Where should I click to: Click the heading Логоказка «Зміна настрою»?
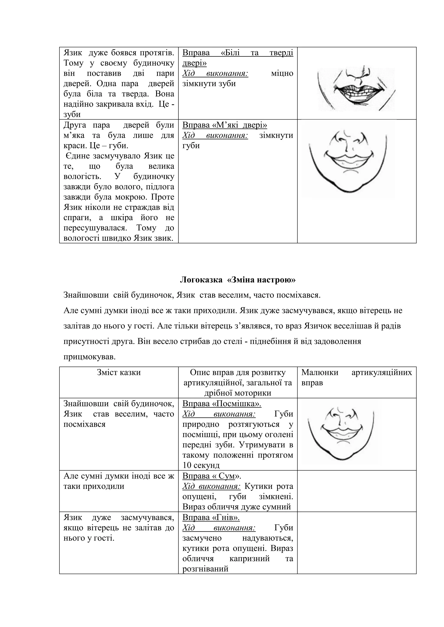pos(238,280)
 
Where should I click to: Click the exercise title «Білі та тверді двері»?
pos(238,58)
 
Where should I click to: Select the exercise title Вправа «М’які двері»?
pos(224,125)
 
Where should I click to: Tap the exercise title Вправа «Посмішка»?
pos(222,404)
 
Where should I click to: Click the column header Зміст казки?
pos(119,372)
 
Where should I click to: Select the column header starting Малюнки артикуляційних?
pos(356,377)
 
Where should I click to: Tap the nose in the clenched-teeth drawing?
pos(356,73)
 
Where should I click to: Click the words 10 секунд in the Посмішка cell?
pos(201,465)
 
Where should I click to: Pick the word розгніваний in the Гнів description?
pos(205,569)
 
